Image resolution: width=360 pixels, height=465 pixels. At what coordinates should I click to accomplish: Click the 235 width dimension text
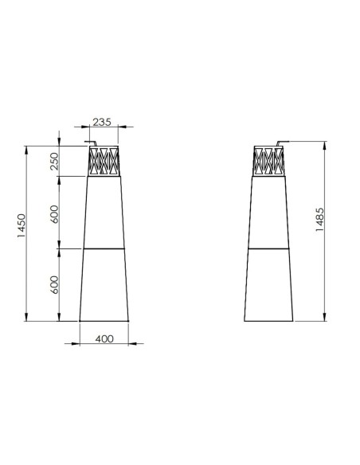coord(102,122)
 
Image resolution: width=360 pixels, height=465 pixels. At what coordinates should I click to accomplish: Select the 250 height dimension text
coord(55,161)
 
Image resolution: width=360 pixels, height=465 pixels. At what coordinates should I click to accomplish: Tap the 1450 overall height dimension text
coord(22,225)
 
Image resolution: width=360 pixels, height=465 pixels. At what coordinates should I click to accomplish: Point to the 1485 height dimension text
coord(320,220)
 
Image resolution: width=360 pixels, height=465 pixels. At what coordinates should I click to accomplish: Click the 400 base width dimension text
coord(104,338)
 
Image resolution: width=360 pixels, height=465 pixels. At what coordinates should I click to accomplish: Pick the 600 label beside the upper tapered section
coord(55,214)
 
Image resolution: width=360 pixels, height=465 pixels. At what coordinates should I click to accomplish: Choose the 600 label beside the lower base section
coord(55,285)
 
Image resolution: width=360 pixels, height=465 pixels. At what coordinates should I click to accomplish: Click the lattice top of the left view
coord(104,161)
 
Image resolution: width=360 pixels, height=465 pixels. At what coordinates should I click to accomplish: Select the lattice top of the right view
coord(268,161)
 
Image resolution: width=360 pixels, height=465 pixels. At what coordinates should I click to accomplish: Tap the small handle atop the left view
coord(91,142)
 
